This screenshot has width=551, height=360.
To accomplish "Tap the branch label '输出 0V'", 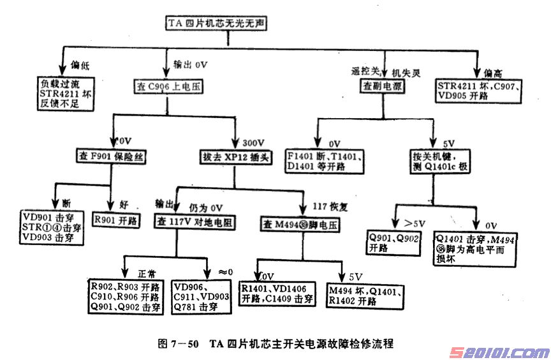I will pyautogui.click(x=190, y=64).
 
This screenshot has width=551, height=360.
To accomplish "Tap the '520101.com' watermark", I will pyautogui.click(x=498, y=352).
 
